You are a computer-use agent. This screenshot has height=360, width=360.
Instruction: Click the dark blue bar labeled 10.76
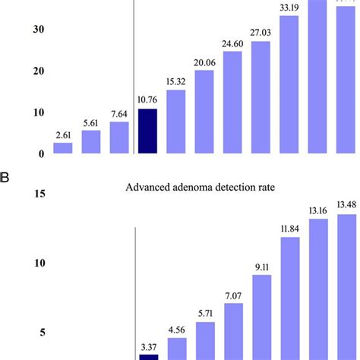pyautogui.click(x=147, y=131)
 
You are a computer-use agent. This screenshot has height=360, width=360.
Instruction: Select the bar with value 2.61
pyautogui.click(x=62, y=148)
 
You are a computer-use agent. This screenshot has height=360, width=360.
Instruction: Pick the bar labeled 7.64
pyautogui.click(x=119, y=137)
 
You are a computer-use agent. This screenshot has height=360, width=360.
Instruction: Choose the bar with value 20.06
pyautogui.click(x=204, y=112)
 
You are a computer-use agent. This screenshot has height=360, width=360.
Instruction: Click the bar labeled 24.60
pyautogui.click(x=232, y=103)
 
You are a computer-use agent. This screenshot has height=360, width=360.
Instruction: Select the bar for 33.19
pyautogui.click(x=289, y=84)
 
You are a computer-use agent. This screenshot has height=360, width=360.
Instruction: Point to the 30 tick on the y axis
pyautogui.click(x=36, y=30)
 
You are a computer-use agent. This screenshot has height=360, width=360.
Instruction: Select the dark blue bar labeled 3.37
pyautogui.click(x=147, y=356)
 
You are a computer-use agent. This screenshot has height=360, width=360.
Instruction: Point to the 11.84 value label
pyautogui.click(x=289, y=229)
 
